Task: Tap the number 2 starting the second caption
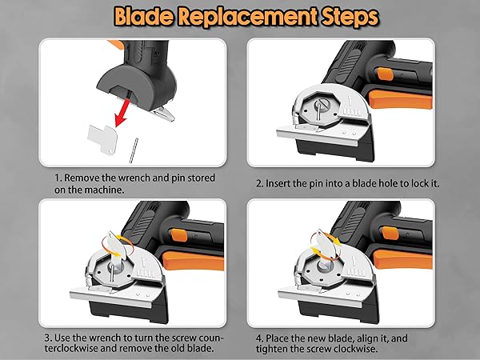tap(258, 183)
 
